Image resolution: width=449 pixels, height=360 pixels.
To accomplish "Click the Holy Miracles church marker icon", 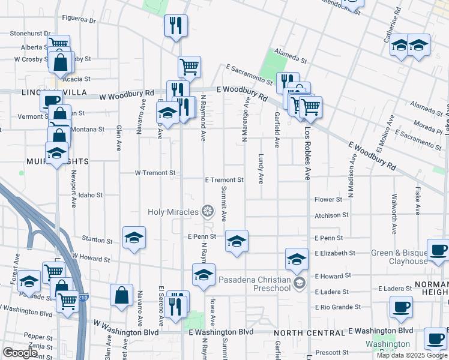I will [207, 211].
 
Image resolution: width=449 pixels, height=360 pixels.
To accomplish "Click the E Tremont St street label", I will [224, 179].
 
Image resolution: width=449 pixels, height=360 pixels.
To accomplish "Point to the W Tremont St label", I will [155, 173].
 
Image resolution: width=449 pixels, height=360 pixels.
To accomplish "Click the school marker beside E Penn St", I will [237, 241].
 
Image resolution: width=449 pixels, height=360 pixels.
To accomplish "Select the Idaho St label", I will [91, 195].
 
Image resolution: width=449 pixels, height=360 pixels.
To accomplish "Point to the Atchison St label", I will [331, 215].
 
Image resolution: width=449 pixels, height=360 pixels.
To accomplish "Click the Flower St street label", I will [328, 199].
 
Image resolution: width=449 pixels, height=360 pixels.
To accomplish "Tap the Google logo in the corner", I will [20, 353].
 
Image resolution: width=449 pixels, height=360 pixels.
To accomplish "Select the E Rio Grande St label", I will [338, 307].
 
